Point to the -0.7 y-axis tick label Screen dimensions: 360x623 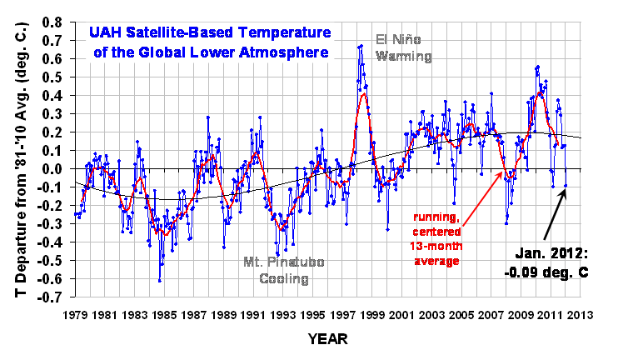pos(53,298)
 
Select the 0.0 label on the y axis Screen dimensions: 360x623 pos(55,169)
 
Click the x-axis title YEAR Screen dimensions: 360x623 pos(326,341)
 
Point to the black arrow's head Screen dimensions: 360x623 pos(566,189)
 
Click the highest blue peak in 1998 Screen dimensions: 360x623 pos(361,46)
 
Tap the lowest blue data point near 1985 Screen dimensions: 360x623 pos(159,281)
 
